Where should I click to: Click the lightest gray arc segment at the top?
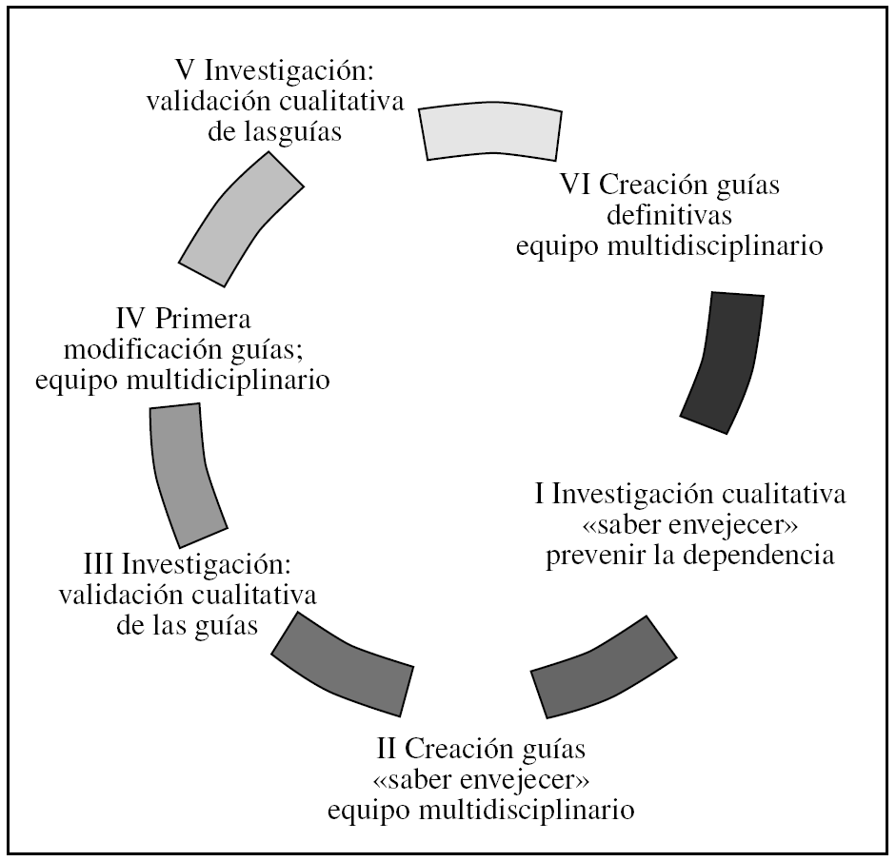[491, 130]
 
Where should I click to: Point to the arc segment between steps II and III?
[343, 666]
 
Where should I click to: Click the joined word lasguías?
[275, 132]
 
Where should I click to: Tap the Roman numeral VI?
[578, 185]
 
